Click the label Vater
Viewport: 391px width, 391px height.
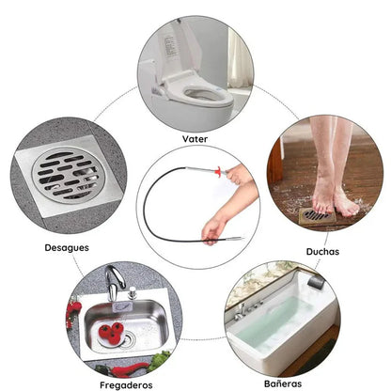195,138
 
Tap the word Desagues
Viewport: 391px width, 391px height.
67,248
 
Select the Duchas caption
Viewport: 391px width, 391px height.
321,252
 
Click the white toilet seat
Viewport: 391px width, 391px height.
206,95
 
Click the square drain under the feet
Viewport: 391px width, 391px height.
318,216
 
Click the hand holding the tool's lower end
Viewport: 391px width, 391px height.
212,227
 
